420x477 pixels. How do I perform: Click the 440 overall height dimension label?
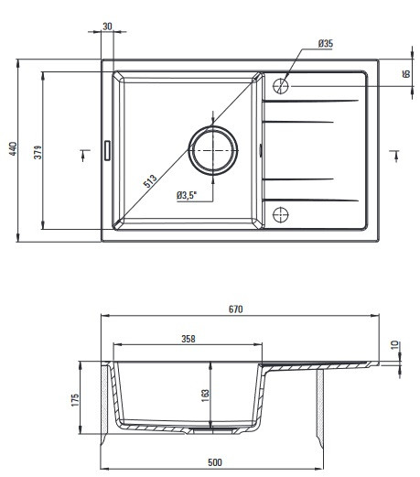coord(13,148)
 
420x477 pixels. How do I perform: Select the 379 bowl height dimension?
coord(38,152)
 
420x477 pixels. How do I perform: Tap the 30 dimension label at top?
coord(107,27)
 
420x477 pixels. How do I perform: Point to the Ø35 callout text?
coord(326,44)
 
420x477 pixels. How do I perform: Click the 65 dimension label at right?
coord(406,74)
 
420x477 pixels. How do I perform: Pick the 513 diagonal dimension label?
coord(150,180)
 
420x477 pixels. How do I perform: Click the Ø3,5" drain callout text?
coord(187,195)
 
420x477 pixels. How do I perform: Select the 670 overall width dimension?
coord(236,309)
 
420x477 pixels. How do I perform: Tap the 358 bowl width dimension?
coord(188,339)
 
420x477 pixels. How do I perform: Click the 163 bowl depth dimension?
coord(206,396)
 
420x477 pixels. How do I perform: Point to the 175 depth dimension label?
coord(75,400)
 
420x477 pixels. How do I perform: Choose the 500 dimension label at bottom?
coord(215,462)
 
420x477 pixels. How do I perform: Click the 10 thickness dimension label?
coord(394,345)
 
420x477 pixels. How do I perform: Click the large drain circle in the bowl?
coord(213,126)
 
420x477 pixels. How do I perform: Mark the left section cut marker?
coord(84,155)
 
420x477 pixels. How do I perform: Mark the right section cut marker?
coord(395,156)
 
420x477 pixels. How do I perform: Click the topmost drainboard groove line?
coord(310,101)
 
